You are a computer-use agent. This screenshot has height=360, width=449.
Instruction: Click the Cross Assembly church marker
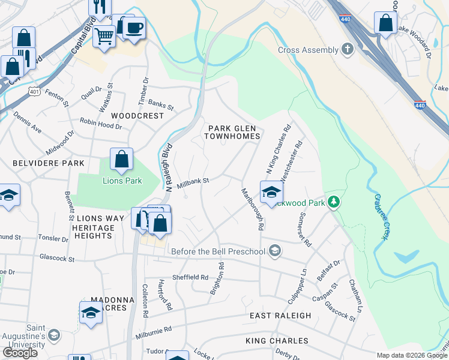pos(347,49)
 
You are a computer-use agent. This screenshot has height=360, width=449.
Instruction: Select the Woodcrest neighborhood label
pos(137,115)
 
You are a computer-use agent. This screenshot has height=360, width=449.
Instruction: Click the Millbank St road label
pos(193,181)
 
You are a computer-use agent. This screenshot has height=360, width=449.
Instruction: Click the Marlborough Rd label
pos(252,209)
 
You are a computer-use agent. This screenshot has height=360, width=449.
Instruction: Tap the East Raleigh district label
pos(280,316)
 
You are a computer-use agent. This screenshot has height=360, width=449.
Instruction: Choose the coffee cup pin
pos(134,27)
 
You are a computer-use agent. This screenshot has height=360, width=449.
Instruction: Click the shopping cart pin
pos(104,37)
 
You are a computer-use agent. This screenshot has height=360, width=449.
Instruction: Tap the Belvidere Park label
pos(41,163)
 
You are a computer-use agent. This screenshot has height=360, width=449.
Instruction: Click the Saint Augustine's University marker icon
pos(54,334)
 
